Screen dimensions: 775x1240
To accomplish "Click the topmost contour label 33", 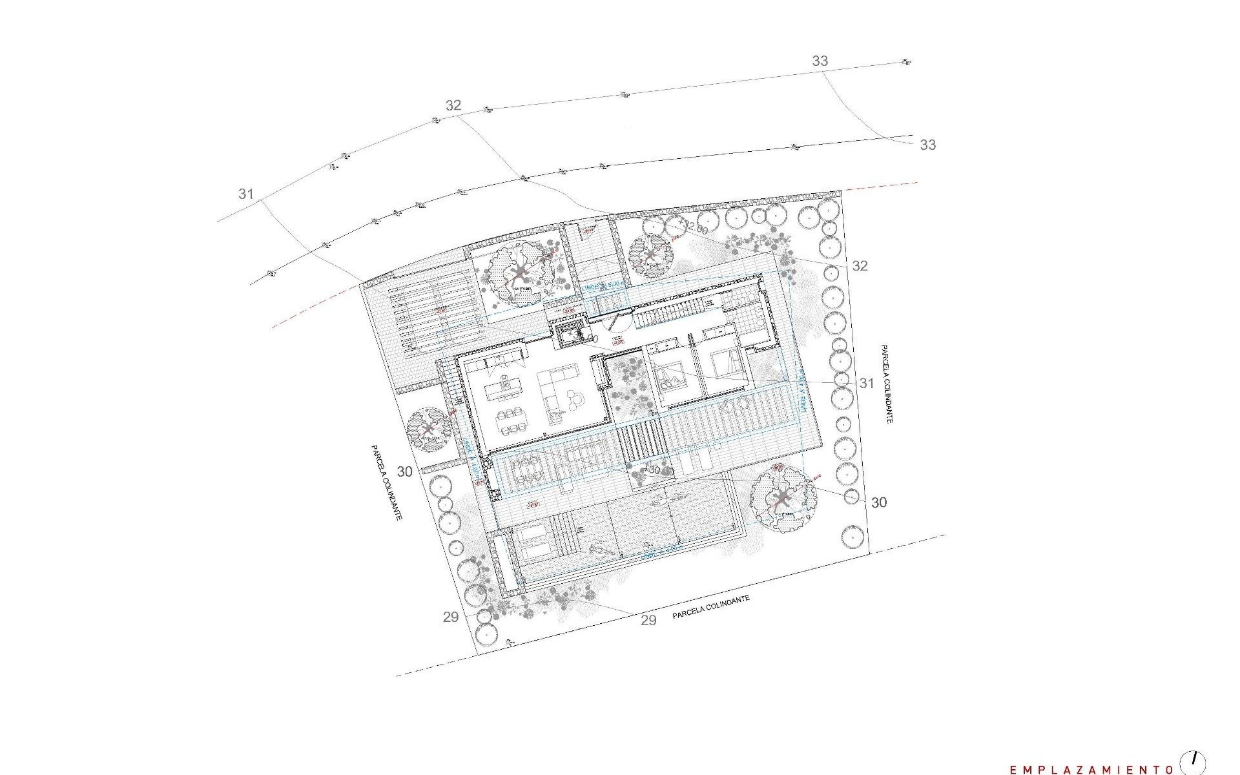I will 820,61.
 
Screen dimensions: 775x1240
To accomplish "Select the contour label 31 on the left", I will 245,193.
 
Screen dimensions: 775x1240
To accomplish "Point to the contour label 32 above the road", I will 453,105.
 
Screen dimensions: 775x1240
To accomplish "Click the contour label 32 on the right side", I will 860,265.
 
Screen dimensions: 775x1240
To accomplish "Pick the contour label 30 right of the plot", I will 878,502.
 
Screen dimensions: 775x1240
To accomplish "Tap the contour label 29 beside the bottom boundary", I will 648,620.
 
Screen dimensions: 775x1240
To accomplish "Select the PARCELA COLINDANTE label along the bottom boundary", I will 710,608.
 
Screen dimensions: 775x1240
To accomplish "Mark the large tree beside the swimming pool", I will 783,498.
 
